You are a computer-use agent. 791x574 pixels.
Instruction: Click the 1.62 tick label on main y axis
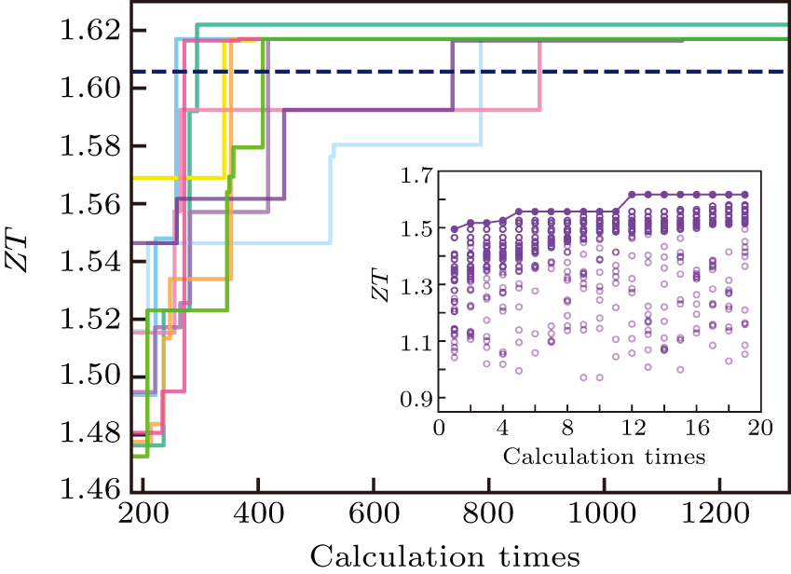pos(91,31)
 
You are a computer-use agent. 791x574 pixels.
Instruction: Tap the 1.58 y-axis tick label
pos(91,146)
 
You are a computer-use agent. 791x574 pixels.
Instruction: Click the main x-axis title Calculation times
pos(445,556)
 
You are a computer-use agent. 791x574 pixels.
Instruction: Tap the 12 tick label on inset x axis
pos(633,431)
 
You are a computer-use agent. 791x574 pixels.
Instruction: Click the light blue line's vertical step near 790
pos(482,93)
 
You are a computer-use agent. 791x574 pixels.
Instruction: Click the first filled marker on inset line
pos(455,228)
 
